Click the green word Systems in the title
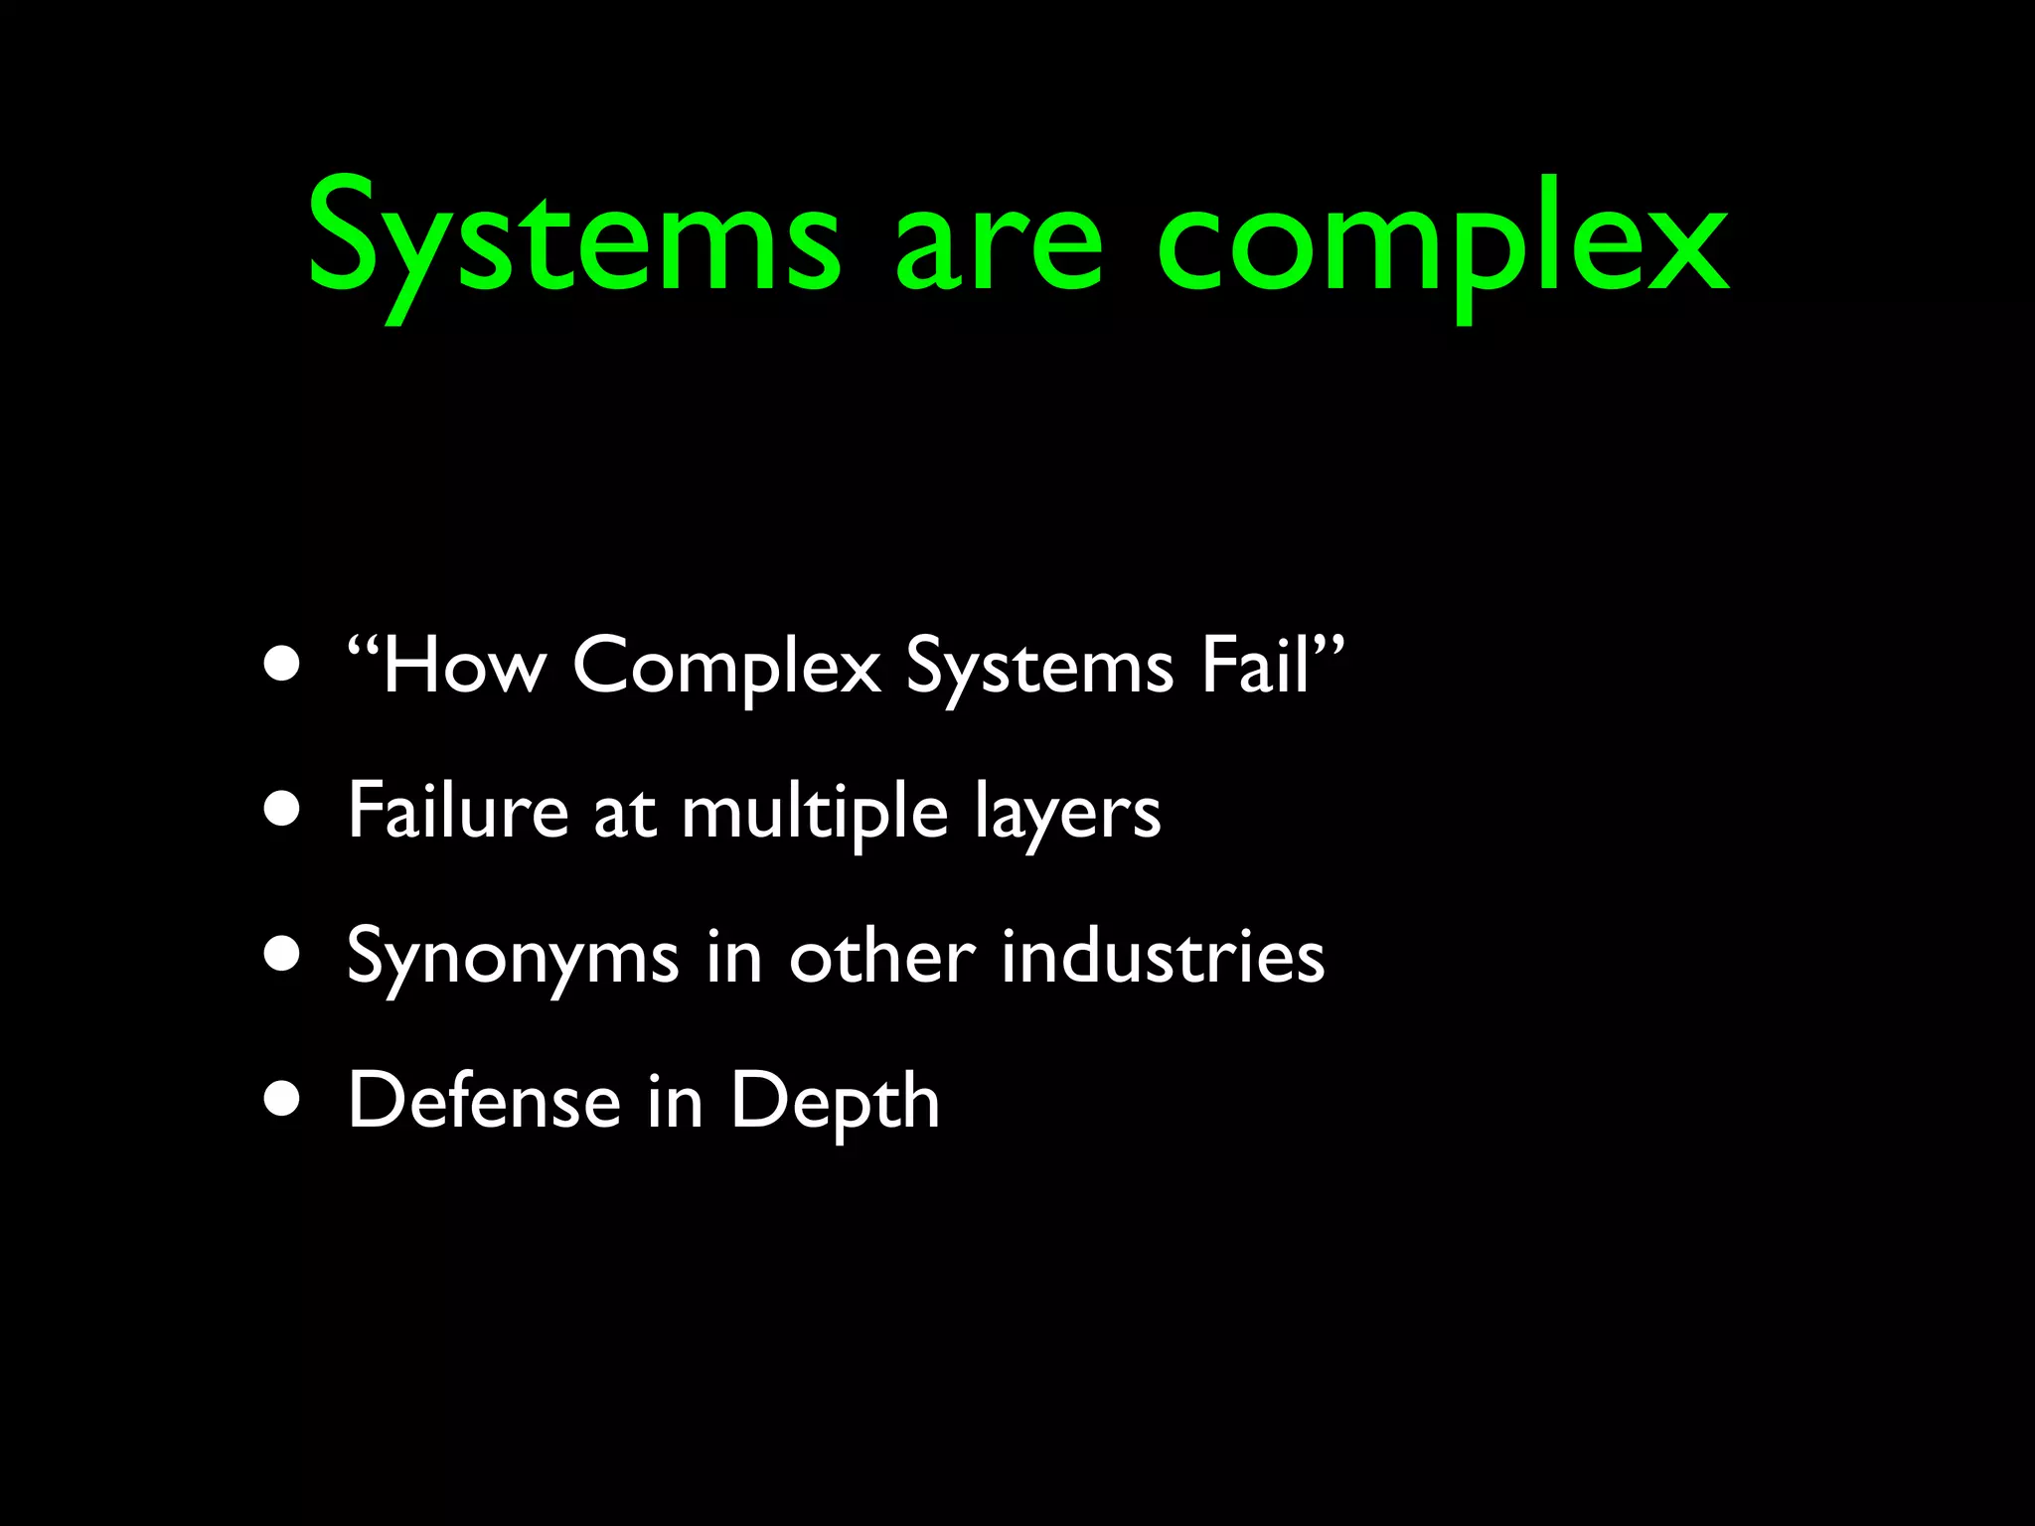574,243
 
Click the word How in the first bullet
463,666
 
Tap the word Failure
458,811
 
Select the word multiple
815,813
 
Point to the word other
882,956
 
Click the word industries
1163,956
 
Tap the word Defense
484,1101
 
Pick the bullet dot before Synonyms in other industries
283,954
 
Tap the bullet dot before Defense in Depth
283,1099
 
